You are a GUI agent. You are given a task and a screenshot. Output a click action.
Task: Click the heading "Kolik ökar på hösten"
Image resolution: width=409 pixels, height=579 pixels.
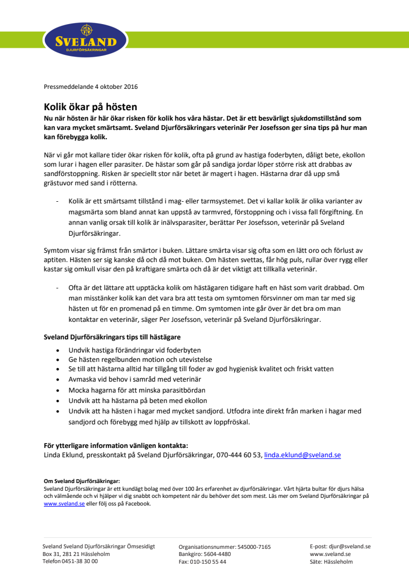90,107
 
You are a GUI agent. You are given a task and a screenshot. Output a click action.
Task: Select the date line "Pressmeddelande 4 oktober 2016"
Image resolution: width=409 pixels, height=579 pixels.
90,87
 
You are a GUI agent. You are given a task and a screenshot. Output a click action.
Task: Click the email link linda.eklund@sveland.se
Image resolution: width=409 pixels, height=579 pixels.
302,455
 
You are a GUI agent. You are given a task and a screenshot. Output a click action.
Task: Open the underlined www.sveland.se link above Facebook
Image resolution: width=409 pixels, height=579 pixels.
64,503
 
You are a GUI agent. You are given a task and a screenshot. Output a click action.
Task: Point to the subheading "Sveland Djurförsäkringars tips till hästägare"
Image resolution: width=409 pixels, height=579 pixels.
112,336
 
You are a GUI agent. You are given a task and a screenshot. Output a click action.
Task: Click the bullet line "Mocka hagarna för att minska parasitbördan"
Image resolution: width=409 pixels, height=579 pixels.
137,390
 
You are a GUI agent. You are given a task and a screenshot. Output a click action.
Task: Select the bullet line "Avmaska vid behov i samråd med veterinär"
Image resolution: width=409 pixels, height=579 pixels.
135,380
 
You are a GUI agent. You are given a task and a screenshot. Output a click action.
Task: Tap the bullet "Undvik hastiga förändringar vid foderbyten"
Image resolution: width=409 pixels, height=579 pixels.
135,350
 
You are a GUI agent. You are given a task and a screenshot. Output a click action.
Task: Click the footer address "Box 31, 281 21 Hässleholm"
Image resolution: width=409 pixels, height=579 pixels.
76,554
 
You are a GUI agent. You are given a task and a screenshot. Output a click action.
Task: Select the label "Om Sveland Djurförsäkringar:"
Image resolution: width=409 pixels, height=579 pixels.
82,480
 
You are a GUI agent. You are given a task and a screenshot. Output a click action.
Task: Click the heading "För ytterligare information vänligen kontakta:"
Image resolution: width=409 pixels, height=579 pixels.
116,445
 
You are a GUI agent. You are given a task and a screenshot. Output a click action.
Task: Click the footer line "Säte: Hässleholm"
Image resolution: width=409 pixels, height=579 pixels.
331,561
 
